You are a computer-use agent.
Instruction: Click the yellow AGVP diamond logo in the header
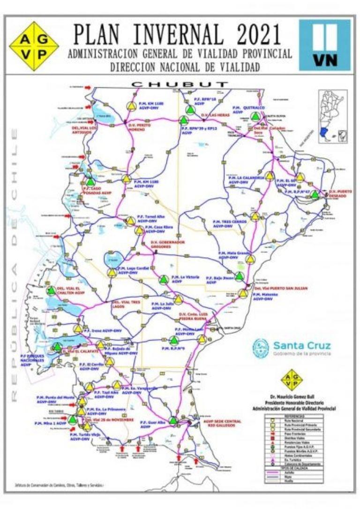click(34, 45)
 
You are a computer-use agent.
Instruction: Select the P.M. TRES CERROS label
click(229, 223)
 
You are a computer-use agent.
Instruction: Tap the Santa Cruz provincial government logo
click(292, 348)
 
